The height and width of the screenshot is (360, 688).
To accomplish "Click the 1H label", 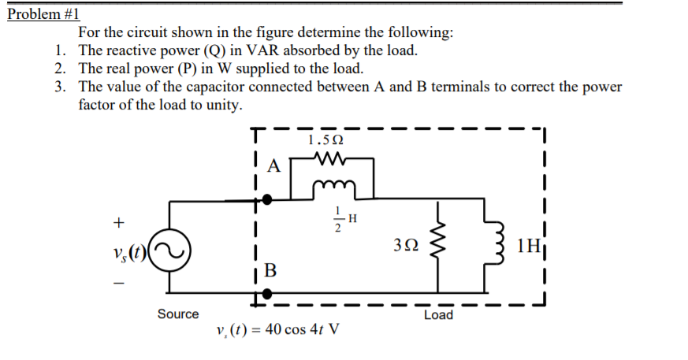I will [x=528, y=245].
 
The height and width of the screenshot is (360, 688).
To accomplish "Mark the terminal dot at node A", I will [x=268, y=200].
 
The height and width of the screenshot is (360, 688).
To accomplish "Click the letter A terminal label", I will [x=273, y=166].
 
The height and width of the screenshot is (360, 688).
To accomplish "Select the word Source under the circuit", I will [x=178, y=314].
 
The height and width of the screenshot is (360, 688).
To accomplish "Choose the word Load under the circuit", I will [x=438, y=314].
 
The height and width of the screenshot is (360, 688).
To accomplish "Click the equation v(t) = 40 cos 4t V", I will [x=277, y=328].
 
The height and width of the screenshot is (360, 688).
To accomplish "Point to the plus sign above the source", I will [x=119, y=223].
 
